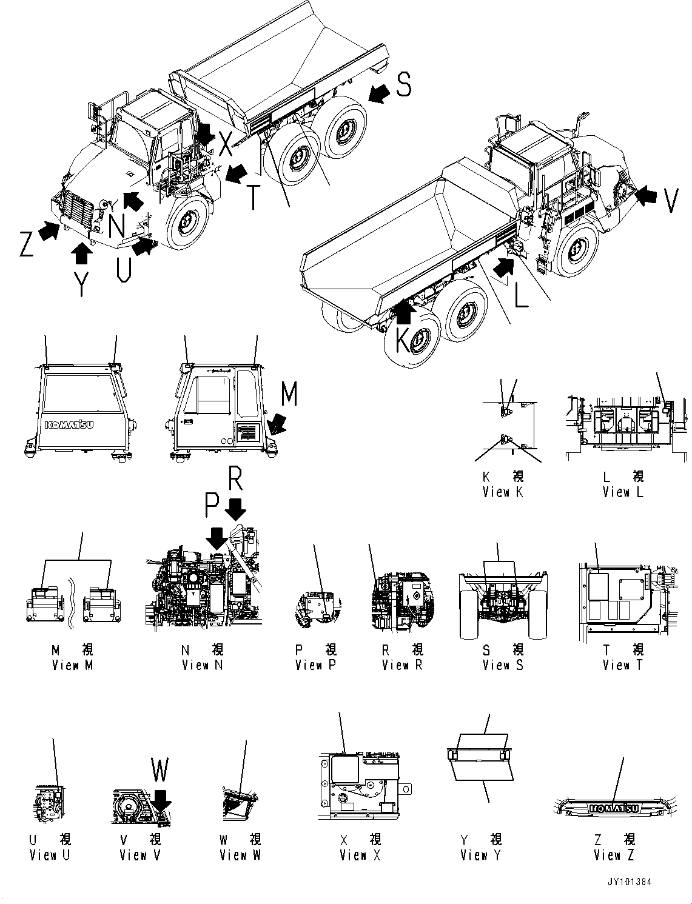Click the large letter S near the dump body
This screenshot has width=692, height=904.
pos(403,84)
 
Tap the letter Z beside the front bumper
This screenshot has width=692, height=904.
pos(25,243)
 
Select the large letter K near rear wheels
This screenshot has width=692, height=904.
pos(403,341)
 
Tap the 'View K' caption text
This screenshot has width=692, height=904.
pos(503,492)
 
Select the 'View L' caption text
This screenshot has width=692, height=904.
pos(623,492)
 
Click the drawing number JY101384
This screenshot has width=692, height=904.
pos(630,882)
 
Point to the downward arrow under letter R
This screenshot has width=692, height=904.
pos(237,508)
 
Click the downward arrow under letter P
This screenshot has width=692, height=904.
pos(217,537)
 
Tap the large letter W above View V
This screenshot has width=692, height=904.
pos(160,771)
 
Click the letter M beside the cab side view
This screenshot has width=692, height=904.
pos(289,395)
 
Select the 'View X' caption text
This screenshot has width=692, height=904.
pos(360,855)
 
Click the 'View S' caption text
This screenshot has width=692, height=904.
pos(503,665)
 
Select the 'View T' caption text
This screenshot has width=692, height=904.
pos(623,665)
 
